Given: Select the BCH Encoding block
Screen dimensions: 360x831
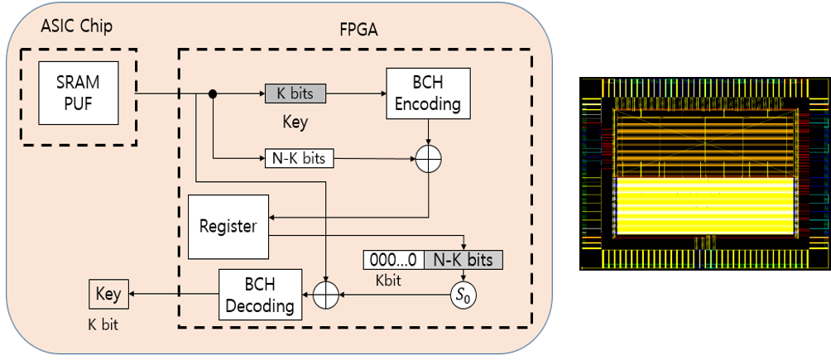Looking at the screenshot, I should click(428, 94).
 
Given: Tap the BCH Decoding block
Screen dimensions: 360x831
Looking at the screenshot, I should click(261, 293).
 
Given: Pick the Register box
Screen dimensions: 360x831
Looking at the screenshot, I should click(228, 226).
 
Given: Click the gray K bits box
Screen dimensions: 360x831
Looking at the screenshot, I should click(295, 94).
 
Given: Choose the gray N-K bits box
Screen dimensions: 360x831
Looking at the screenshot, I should click(463, 260).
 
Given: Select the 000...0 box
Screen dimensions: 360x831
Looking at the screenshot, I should click(393, 260).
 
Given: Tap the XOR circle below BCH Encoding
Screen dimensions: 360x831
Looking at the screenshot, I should click(428, 161).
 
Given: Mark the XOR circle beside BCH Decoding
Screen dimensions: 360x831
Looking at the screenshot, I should click(329, 293).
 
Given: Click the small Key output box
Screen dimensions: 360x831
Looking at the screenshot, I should click(108, 293).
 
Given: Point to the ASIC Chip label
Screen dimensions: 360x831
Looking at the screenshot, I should click(77, 26).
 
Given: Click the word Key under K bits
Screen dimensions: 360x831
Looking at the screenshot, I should click(295, 122).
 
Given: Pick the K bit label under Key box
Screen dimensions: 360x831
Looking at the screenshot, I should click(103, 324).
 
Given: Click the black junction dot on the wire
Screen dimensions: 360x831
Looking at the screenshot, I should click(213, 94).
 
